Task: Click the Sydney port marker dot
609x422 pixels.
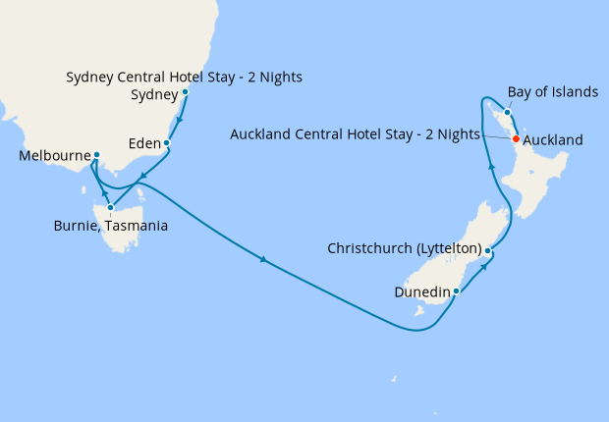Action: point(185,93)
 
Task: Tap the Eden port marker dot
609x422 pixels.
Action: point(167,143)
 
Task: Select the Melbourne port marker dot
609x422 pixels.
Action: point(96,155)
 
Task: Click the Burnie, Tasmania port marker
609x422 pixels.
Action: point(112,208)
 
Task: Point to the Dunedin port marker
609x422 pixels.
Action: point(457,290)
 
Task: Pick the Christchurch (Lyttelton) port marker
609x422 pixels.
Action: point(487,251)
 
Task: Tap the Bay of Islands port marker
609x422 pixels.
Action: point(507,112)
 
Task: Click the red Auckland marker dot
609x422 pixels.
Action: point(516,139)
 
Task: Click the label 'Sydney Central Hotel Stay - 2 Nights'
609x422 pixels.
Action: point(184,77)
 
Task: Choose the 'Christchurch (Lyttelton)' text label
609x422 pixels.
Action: point(404,249)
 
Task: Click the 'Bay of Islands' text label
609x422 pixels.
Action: point(553,92)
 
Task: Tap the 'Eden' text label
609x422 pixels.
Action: point(144,144)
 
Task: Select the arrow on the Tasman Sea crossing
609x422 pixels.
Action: point(263,260)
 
